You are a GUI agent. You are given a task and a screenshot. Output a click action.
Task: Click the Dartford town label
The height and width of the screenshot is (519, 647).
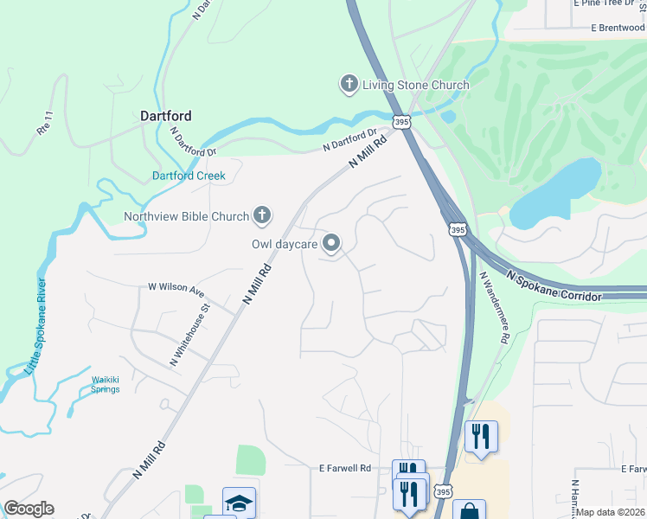coord(166,115)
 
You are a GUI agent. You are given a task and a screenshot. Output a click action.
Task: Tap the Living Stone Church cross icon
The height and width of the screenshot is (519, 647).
coord(349,85)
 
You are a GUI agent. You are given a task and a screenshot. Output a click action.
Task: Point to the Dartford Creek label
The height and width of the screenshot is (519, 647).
coord(189,176)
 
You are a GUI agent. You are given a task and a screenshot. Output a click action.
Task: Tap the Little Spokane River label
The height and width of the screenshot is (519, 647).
coord(35,326)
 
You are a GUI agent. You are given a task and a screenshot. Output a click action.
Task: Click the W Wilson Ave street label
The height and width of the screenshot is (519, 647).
coord(176,286)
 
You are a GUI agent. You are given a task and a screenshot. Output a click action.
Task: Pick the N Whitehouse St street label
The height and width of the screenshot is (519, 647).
coord(190,334)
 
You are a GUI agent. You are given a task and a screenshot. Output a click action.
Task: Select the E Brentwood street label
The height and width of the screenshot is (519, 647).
coord(618,28)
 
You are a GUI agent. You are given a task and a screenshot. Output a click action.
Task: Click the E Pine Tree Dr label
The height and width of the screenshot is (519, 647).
coord(609,3)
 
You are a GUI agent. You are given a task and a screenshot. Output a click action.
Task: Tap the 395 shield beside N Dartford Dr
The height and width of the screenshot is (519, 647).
coord(401,123)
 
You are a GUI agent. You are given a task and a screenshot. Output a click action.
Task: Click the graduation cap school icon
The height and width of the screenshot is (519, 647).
coord(239,502)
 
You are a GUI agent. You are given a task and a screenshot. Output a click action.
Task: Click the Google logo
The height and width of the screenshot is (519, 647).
coord(29,509)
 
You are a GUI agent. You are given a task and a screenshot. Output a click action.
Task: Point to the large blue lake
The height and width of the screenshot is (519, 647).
coord(554,193)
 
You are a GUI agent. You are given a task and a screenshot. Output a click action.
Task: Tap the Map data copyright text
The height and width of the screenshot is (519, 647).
coord(611,512)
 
